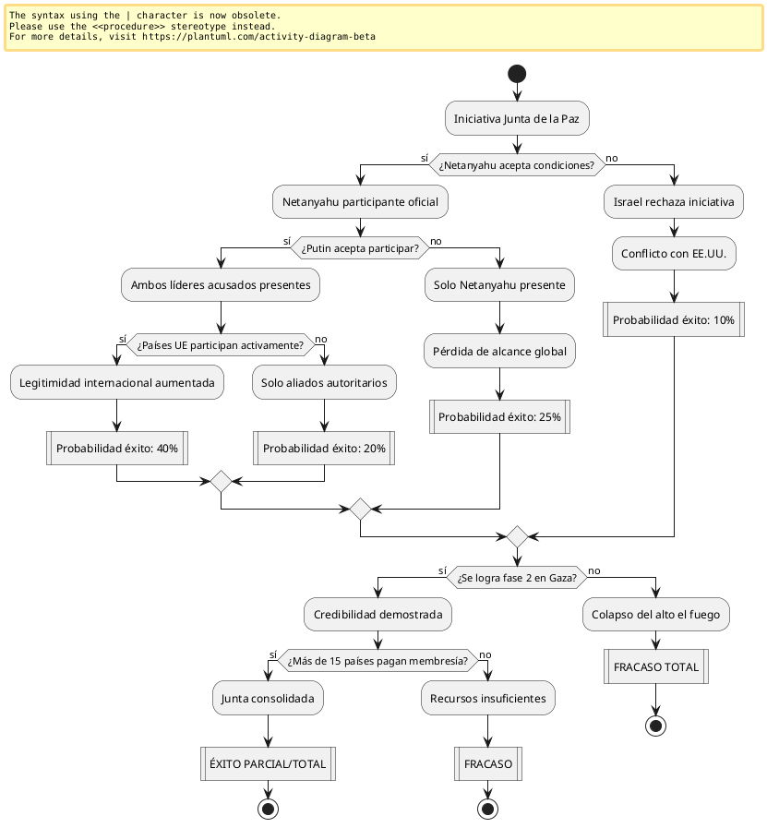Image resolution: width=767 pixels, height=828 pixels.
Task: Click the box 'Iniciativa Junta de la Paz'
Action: (x=517, y=118)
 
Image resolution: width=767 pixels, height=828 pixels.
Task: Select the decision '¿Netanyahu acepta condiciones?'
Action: (x=517, y=164)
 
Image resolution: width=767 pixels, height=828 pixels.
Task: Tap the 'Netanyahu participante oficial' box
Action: (x=360, y=201)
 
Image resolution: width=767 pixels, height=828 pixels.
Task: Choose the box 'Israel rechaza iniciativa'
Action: (x=674, y=201)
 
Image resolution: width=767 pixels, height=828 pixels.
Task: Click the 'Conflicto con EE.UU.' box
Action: (x=674, y=253)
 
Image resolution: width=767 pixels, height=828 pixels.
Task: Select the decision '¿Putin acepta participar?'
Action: (x=360, y=248)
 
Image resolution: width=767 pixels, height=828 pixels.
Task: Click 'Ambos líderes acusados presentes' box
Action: (x=221, y=285)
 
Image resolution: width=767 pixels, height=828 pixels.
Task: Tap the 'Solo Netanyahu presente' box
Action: (x=499, y=285)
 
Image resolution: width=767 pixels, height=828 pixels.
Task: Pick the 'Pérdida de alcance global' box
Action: (x=499, y=350)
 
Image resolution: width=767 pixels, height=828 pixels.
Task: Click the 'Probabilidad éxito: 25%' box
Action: (x=499, y=416)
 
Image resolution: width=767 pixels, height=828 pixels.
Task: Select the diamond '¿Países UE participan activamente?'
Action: (x=221, y=345)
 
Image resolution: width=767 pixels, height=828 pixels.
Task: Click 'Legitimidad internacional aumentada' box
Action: (x=117, y=382)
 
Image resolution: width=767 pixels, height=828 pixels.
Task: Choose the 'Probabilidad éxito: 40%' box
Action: (x=117, y=449)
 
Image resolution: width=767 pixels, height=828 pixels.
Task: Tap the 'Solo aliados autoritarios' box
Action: (x=324, y=382)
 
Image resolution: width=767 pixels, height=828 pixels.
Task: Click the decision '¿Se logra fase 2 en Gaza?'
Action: (x=517, y=578)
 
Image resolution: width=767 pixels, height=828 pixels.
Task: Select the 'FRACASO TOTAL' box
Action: (x=656, y=666)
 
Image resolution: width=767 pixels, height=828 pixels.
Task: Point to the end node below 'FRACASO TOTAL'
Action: (x=656, y=725)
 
